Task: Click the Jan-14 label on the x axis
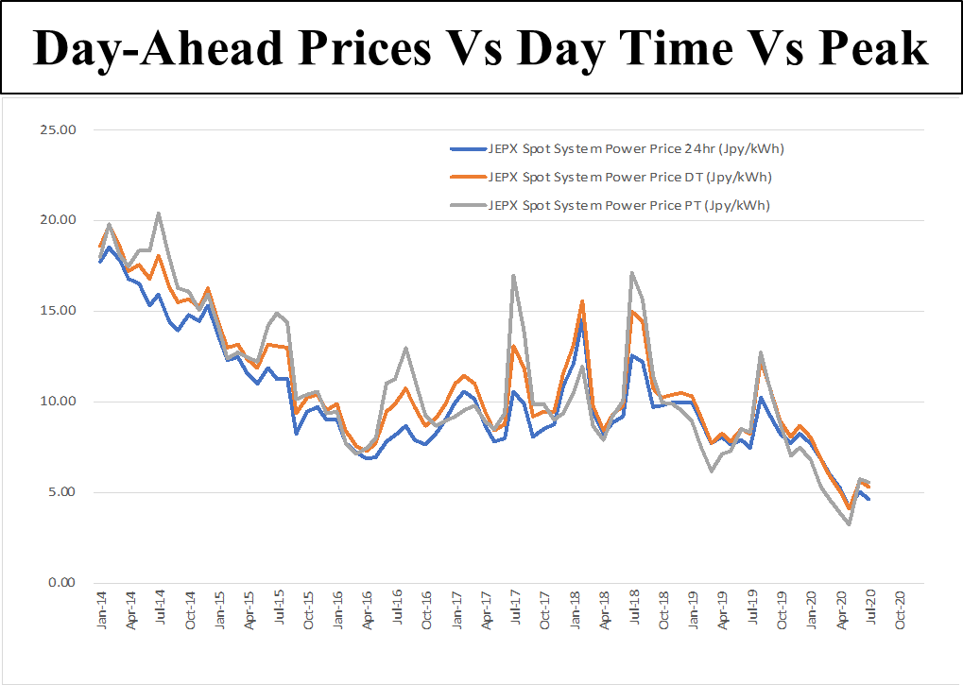click(102, 612)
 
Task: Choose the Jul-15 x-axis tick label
click(279, 612)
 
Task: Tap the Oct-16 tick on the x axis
click(426, 612)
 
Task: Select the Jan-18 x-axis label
click(574, 612)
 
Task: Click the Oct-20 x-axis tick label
click(899, 612)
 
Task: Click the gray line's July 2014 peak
click(159, 213)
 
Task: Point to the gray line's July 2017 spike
click(513, 276)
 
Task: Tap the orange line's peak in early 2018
click(582, 301)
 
